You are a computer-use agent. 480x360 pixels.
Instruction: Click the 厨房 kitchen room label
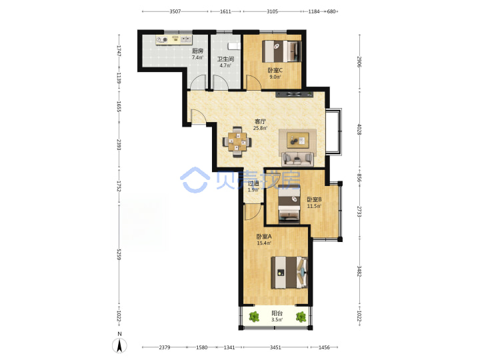(x=197, y=51)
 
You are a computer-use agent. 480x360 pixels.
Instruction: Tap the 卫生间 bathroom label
(x=225, y=59)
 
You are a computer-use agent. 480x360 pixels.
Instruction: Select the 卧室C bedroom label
(x=275, y=71)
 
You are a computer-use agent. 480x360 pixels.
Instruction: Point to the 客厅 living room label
(x=260, y=121)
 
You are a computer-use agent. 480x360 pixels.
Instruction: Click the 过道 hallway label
(x=253, y=183)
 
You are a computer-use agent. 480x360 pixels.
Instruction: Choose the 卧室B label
(x=315, y=199)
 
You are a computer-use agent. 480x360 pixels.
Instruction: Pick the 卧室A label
(x=264, y=237)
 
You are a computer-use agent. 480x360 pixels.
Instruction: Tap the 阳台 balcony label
(x=277, y=313)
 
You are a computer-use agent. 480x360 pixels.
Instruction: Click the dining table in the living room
(x=237, y=142)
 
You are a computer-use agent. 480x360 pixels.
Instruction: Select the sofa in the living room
(x=297, y=159)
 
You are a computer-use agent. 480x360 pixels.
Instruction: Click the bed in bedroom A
(x=289, y=273)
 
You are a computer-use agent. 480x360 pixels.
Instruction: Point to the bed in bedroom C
(x=282, y=51)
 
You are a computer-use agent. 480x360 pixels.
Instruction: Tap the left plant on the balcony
(x=254, y=317)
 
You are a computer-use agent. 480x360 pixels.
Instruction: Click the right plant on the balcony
(x=301, y=317)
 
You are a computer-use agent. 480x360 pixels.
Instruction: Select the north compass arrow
(x=120, y=346)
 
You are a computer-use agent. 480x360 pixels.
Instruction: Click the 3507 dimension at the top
(x=175, y=11)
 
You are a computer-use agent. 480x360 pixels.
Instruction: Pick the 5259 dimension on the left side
(x=119, y=255)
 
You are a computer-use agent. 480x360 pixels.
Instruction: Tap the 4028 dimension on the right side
(x=359, y=129)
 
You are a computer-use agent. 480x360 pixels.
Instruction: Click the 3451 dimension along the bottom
(x=275, y=347)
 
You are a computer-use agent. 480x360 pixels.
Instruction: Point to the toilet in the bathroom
(x=233, y=46)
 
